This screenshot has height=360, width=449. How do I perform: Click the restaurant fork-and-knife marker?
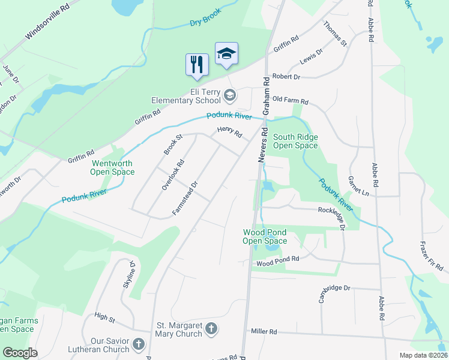(x=197, y=64)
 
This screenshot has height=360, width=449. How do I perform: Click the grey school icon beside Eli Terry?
(x=229, y=95)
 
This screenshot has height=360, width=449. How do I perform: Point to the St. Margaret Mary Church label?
(x=179, y=329)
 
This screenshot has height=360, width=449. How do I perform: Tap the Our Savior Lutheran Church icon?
(x=139, y=344)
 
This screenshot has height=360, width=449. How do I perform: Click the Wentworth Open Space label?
(x=113, y=167)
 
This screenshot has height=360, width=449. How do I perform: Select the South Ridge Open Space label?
(x=295, y=141)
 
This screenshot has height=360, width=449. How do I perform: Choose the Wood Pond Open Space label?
(x=264, y=236)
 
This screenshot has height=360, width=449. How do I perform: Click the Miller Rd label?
(x=264, y=331)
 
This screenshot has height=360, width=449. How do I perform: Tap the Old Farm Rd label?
(x=290, y=101)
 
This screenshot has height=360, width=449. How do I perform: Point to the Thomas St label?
(x=335, y=34)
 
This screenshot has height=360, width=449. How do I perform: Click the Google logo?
(x=20, y=353)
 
